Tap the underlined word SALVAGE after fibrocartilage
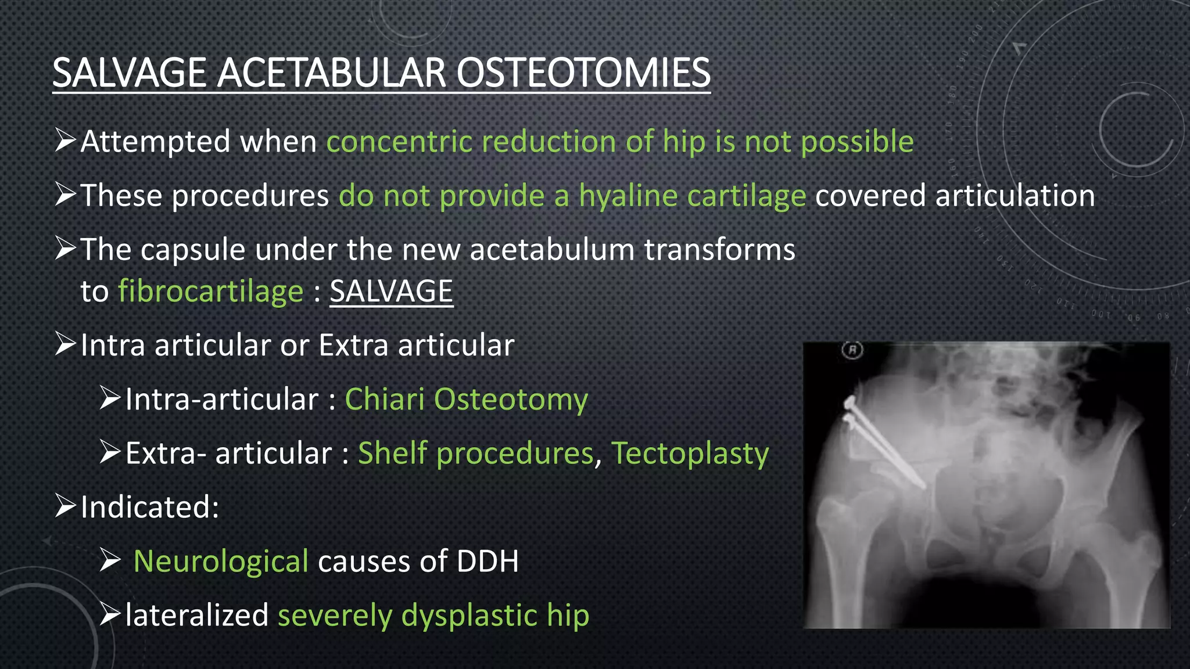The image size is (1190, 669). pyautogui.click(x=391, y=291)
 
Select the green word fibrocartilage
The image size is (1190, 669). pyautogui.click(x=210, y=291)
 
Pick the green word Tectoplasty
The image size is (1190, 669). pyautogui.click(x=690, y=454)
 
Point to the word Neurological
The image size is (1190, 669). pyautogui.click(x=221, y=562)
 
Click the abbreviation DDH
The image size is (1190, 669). pyautogui.click(x=487, y=562)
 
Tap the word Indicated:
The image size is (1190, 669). pyautogui.click(x=149, y=507)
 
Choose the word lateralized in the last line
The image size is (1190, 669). pyautogui.click(x=196, y=616)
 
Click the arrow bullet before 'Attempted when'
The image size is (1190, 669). pyautogui.click(x=65, y=141)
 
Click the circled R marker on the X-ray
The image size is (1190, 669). pyautogui.click(x=852, y=350)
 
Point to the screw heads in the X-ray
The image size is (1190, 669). pyautogui.click(x=850, y=410)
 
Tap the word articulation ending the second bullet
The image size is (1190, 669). pyautogui.click(x=1015, y=195)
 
